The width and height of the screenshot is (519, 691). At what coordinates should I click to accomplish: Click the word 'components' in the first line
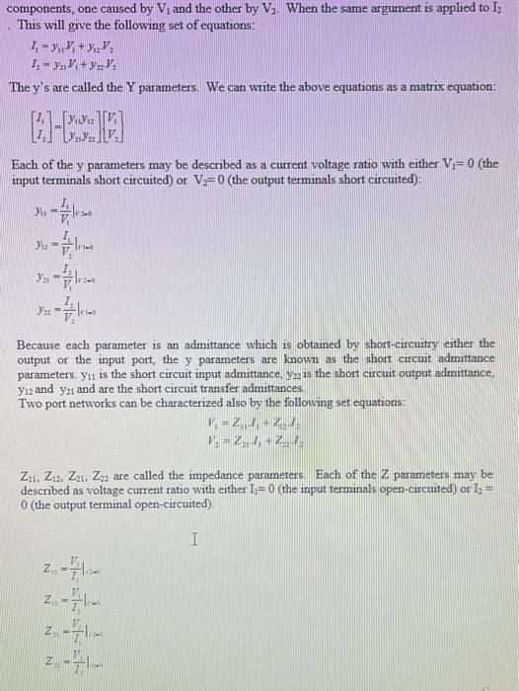click(43, 9)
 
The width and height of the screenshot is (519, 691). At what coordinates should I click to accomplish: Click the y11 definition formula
click(60, 207)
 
